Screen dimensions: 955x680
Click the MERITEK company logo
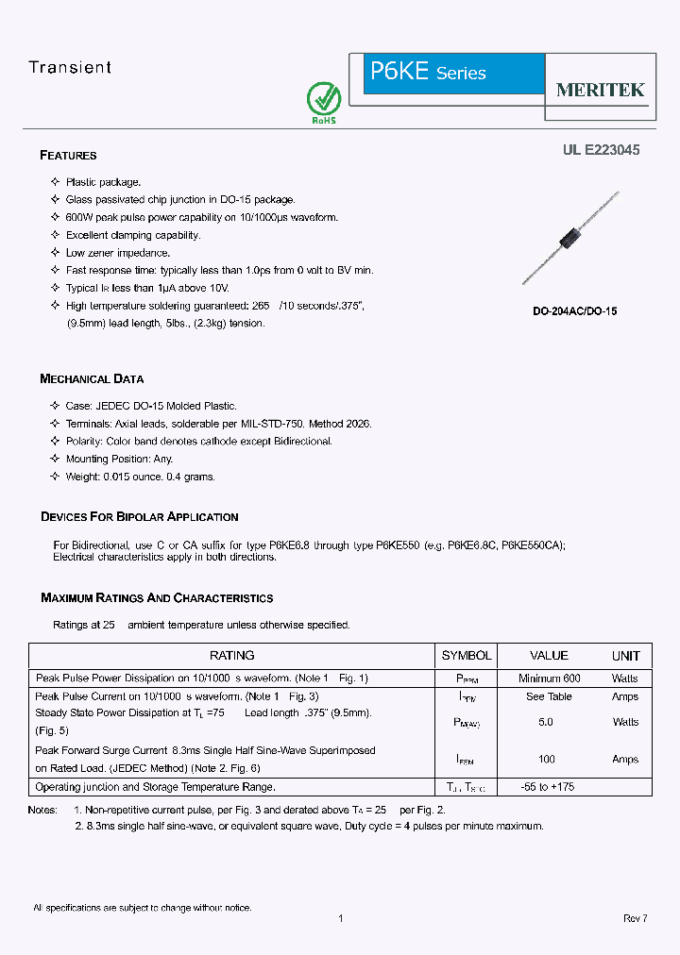600,90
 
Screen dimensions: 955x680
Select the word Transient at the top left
70,67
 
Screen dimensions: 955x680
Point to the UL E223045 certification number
601,149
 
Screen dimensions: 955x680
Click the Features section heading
68,155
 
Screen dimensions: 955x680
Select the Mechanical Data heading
92,378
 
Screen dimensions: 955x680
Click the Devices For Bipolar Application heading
139,516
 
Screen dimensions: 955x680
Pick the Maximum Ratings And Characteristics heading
157,597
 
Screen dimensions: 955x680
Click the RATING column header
231,655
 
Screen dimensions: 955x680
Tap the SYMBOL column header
467,655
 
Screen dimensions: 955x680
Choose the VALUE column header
549,655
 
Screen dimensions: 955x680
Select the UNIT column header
625,655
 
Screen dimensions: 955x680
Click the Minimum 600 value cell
549,678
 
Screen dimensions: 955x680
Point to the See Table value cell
549,696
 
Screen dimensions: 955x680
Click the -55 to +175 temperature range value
549,786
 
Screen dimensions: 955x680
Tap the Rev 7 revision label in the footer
635,918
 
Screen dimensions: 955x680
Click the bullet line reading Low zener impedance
118,253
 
